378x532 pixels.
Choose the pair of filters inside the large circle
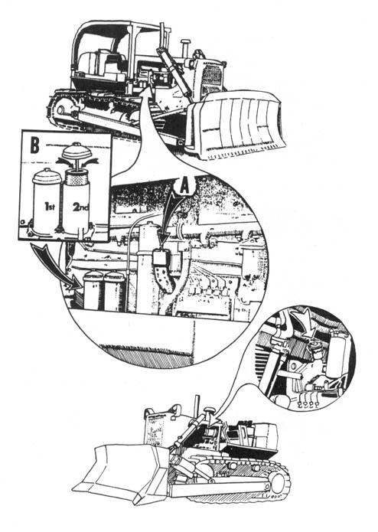coord(103,290)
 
